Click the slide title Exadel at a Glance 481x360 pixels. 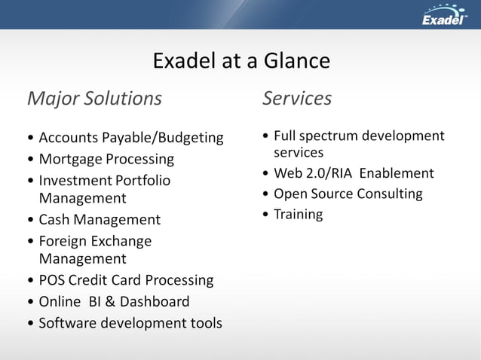click(240, 60)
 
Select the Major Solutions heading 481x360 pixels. click(94, 99)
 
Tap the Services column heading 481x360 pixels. click(297, 99)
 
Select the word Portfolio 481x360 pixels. click(142, 181)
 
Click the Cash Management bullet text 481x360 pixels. click(100, 220)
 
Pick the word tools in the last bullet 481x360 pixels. click(204, 323)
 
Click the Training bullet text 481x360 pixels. click(298, 215)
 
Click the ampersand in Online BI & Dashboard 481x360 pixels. click(106, 301)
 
